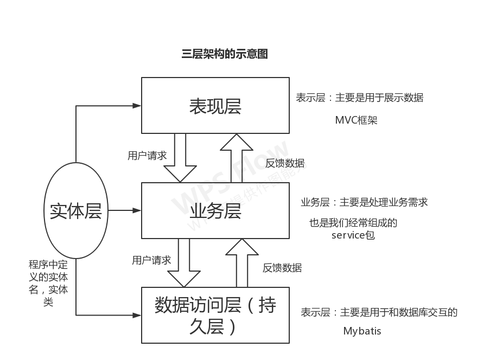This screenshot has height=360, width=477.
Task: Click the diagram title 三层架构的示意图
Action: (225, 54)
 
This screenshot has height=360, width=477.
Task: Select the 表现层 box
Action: (215, 106)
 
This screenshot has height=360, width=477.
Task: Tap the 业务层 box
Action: (215, 210)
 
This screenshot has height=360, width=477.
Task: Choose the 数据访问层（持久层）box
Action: (215, 315)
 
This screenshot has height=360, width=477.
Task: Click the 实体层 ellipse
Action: (75, 210)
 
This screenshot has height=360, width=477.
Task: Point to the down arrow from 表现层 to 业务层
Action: (180, 157)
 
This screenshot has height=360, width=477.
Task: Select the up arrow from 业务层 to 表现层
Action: (237, 157)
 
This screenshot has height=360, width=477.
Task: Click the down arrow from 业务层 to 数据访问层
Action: (185, 262)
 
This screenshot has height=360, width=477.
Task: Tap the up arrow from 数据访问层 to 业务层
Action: (242, 262)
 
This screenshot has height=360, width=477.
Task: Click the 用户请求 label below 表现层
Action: (147, 156)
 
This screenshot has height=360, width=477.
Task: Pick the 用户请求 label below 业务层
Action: (151, 260)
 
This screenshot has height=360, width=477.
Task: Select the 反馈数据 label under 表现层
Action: (285, 163)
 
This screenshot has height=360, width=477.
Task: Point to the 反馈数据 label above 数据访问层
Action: (282, 268)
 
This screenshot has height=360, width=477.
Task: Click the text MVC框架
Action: (356, 120)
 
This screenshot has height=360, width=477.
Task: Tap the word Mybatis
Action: (362, 331)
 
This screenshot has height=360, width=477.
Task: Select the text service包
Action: (353, 236)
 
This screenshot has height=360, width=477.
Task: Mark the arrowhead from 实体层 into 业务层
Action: (137, 210)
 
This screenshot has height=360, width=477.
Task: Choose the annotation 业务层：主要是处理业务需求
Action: (364, 202)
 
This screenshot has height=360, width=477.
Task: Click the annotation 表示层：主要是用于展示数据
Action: (359, 98)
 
